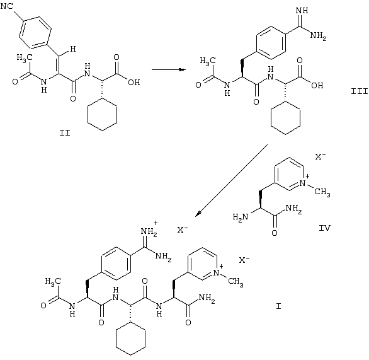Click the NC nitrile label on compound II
(7, 6)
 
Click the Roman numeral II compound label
(65, 133)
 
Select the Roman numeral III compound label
(360, 91)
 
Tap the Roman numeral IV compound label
(324, 228)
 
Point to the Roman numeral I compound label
(278, 306)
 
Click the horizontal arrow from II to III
(169, 69)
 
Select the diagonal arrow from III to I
(231, 180)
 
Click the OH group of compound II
(134, 82)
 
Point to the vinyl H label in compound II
(73, 49)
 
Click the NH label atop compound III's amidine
(302, 11)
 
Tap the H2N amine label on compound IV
(241, 217)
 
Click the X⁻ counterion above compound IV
(321, 156)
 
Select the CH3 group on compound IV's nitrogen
(322, 192)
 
